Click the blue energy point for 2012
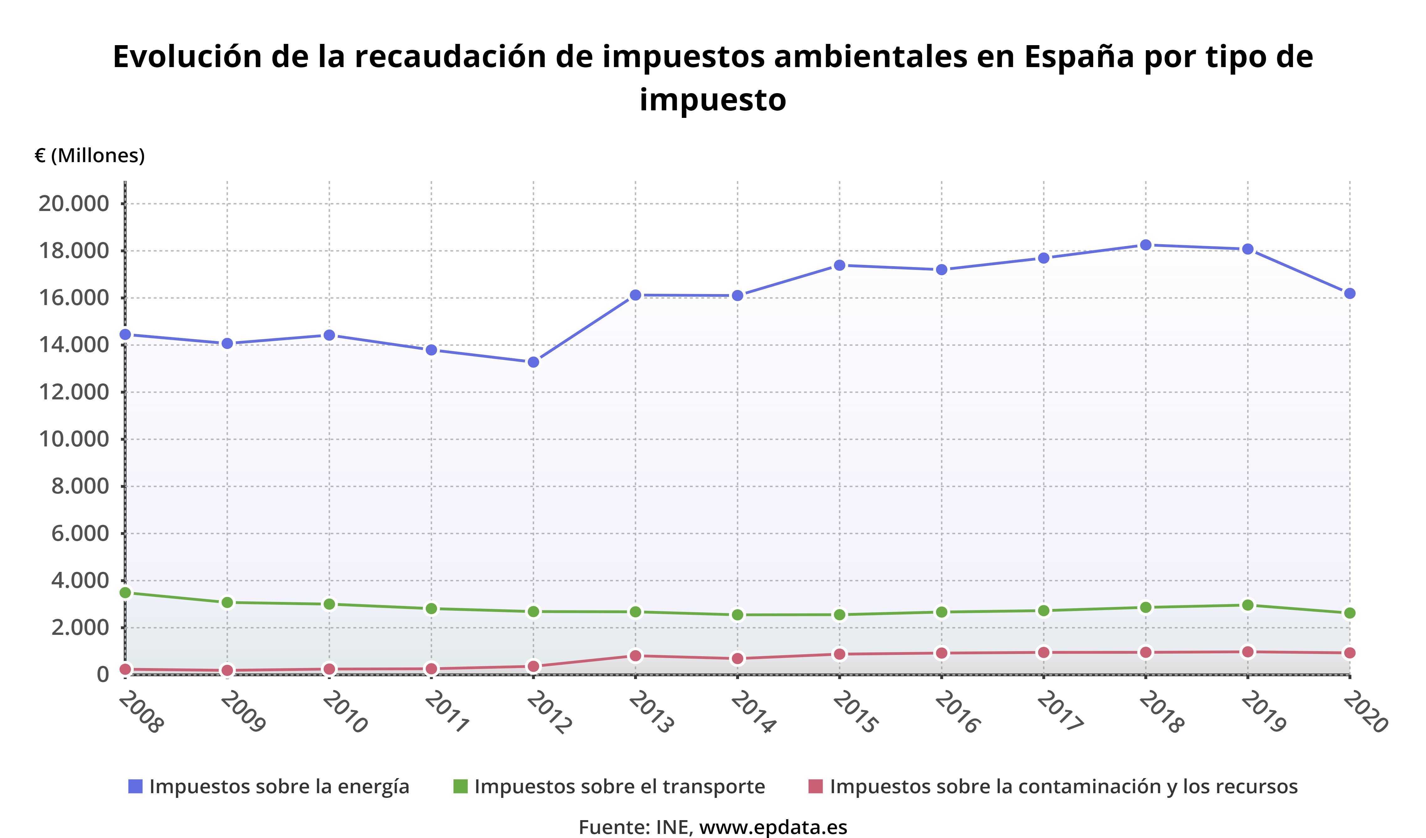point(533,362)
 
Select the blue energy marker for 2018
point(1146,245)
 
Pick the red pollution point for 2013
point(636,656)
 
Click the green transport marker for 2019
point(1248,605)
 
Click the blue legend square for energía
point(135,787)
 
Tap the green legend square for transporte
point(461,787)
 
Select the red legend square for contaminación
point(815,787)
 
